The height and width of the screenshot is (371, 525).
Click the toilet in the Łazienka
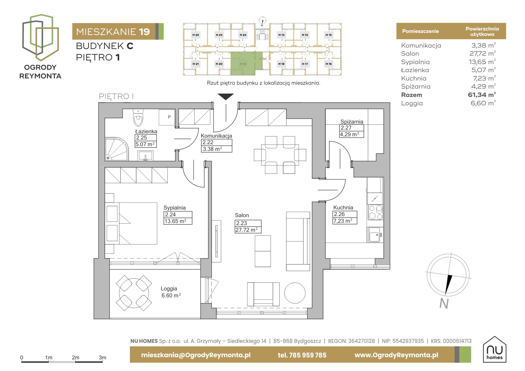click(138, 118)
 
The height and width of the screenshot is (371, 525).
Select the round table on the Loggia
click(133, 293)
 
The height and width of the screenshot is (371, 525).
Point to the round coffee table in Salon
click(295, 293)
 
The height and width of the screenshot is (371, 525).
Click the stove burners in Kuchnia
click(376, 212)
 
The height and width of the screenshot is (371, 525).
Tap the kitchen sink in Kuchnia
click(374, 235)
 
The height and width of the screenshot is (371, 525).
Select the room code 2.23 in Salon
click(242, 223)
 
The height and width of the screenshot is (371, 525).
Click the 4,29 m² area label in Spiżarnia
click(350, 134)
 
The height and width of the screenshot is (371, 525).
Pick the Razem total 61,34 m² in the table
click(482, 95)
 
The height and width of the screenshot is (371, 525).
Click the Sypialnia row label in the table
click(415, 62)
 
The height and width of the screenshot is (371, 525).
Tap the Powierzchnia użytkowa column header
click(482, 31)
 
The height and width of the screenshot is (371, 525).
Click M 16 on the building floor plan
click(329, 64)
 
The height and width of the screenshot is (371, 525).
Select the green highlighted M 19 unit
click(246, 63)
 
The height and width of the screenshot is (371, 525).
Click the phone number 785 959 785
click(308, 355)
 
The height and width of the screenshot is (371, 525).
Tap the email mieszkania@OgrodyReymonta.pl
click(196, 355)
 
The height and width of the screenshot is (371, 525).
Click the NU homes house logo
click(494, 349)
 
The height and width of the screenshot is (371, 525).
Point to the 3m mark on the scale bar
click(102, 358)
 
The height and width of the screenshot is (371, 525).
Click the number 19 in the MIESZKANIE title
click(144, 32)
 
